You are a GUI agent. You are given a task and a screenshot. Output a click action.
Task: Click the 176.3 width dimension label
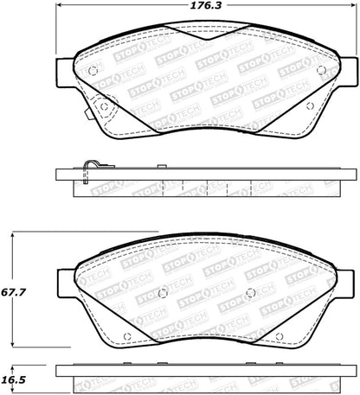206,5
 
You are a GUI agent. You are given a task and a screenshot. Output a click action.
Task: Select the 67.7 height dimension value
13,293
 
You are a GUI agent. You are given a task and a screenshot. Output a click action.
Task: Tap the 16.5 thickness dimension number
13,380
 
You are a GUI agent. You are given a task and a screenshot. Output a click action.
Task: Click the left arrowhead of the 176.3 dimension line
59,5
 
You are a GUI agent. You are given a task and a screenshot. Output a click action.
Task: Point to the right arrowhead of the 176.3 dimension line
354,5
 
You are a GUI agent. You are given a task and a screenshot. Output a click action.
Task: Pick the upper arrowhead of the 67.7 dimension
12,235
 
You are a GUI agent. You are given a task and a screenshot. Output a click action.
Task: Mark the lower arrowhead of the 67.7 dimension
12,344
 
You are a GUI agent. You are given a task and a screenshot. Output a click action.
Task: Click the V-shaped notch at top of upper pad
207,32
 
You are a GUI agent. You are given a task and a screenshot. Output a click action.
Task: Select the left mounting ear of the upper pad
65,73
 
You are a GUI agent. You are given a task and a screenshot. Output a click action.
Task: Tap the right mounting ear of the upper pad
348,72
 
